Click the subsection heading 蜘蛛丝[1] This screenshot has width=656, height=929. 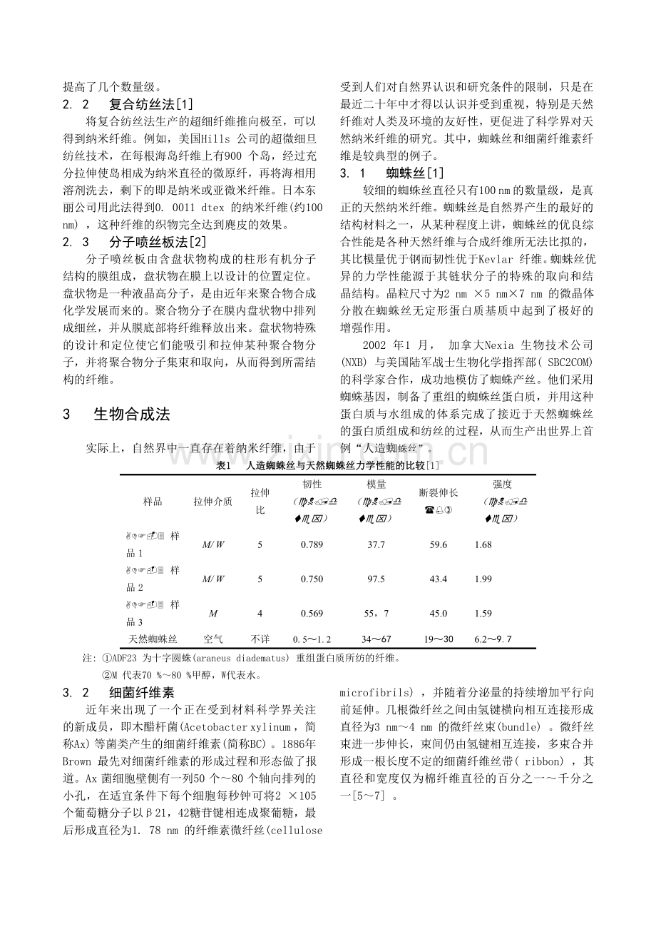415,173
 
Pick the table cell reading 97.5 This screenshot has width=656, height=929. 376,579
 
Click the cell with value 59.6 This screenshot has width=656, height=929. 439,544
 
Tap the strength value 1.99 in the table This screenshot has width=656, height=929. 483,579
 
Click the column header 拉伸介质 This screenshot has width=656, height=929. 213,501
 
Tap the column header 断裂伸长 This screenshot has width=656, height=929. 439,492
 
